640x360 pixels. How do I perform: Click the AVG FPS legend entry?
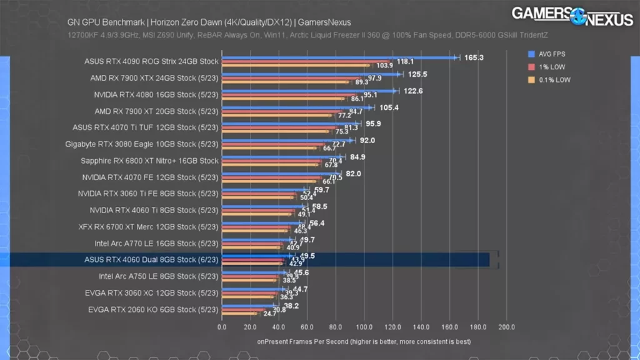coord(551,54)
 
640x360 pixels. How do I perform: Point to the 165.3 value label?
coord(474,57)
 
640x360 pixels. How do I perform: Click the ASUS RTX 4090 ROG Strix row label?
coord(151,61)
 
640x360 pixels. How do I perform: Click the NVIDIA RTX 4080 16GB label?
coord(156,95)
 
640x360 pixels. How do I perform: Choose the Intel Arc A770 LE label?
coord(156,243)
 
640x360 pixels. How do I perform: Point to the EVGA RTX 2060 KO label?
coord(152,309)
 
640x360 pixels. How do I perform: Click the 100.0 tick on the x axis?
coord(364,327)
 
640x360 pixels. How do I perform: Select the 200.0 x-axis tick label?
coord(506,327)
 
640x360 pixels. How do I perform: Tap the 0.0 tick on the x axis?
coord(222,327)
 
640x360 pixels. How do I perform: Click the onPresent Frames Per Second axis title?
coord(364,342)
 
